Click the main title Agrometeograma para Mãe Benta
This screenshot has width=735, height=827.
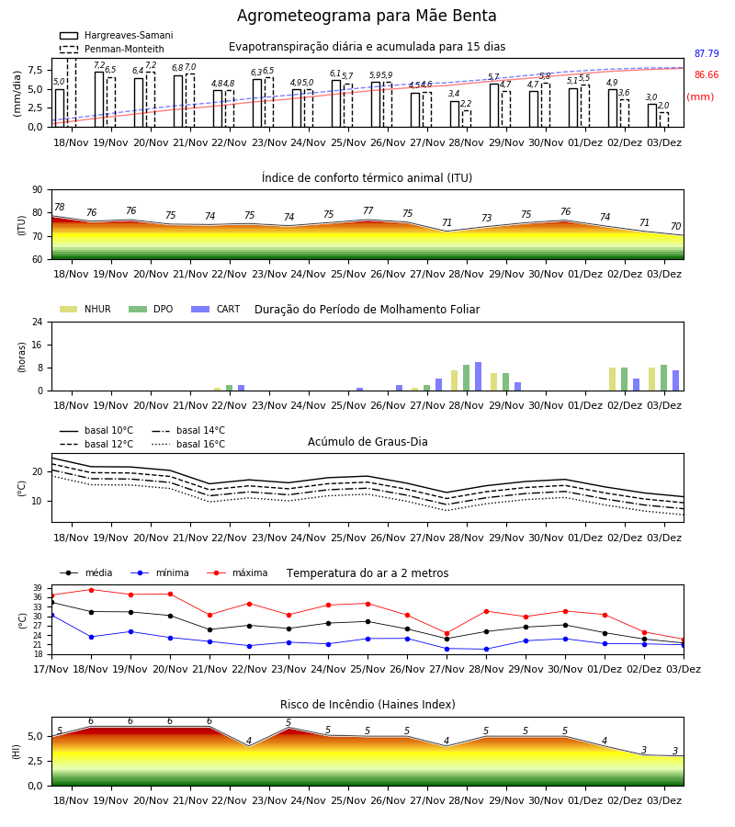(367, 16)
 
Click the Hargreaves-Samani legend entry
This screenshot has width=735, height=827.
(117, 35)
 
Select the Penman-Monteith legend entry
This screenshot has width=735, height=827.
(112, 49)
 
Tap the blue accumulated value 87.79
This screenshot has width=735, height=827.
(707, 54)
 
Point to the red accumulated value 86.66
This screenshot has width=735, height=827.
(707, 75)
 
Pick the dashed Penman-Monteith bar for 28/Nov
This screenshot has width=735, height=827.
(467, 119)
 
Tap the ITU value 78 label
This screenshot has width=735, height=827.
(59, 208)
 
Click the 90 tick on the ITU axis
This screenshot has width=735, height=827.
(38, 190)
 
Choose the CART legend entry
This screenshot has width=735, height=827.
(215, 309)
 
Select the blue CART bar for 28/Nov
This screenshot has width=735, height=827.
(479, 377)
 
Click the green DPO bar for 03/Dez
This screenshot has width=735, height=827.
(664, 379)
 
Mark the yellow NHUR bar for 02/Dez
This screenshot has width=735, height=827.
(612, 380)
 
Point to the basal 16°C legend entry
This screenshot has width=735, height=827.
(188, 444)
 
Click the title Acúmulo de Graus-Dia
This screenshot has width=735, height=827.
(367, 442)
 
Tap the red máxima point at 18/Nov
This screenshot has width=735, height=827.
(91, 590)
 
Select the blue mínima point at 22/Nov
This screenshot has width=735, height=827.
(249, 646)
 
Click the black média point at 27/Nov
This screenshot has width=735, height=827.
(447, 639)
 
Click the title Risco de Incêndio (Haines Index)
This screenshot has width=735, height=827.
(367, 705)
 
